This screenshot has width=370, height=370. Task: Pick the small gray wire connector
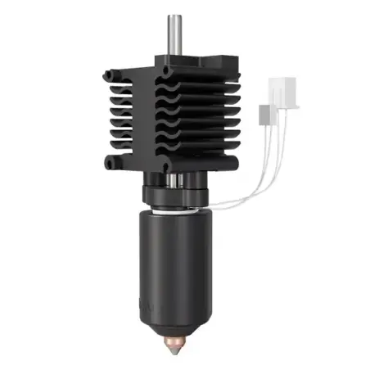click(x=264, y=115)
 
